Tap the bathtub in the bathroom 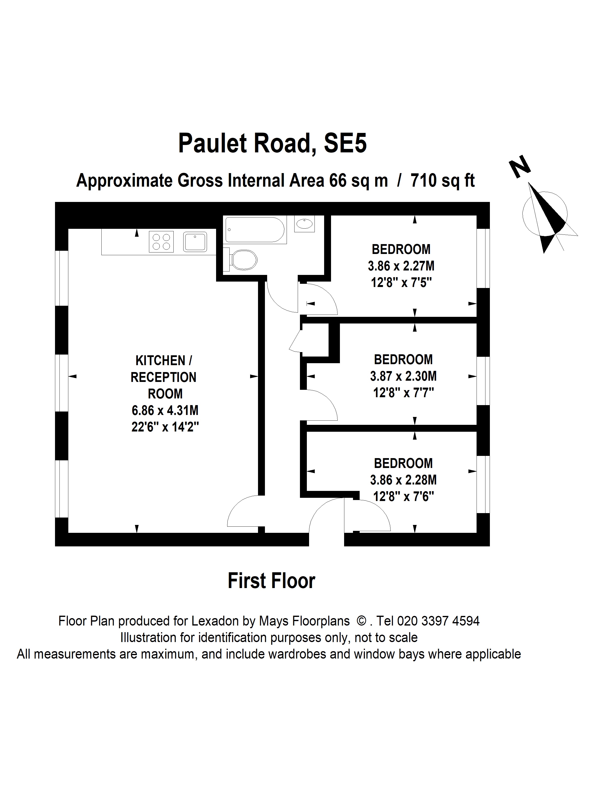(255, 230)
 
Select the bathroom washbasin (304, 224)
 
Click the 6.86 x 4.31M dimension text (165, 411)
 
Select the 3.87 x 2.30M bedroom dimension (403, 376)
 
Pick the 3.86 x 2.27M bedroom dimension (401, 266)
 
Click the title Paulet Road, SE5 (272, 143)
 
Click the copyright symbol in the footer (361, 621)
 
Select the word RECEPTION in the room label (164, 377)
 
